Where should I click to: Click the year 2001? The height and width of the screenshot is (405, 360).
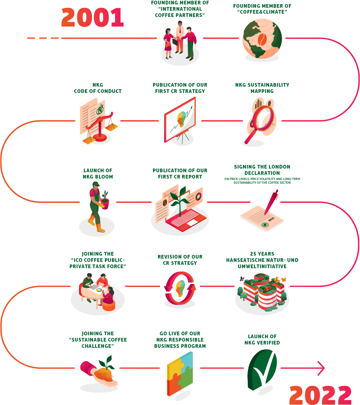pyautogui.click(x=92, y=17)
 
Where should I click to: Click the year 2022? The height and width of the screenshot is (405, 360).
pyautogui.click(x=320, y=395)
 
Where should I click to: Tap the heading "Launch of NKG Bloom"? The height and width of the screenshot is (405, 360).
pyautogui.click(x=98, y=173)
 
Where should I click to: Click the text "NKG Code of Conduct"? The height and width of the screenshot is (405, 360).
pyautogui.click(x=98, y=88)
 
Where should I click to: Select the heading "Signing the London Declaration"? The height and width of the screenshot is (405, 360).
pyautogui.click(x=262, y=170)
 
